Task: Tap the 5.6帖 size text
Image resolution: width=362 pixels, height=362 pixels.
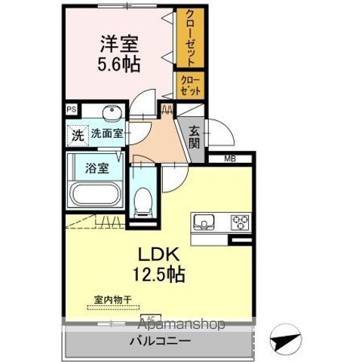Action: coord(117,64)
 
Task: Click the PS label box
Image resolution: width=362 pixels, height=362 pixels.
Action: coord(72,110)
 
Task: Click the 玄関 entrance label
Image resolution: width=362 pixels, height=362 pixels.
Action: coord(193,137)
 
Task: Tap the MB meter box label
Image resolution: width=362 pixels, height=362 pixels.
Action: coord(232,158)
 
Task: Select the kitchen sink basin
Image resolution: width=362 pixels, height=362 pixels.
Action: coord(206,222)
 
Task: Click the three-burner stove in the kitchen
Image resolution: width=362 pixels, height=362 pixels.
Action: coord(241,222)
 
